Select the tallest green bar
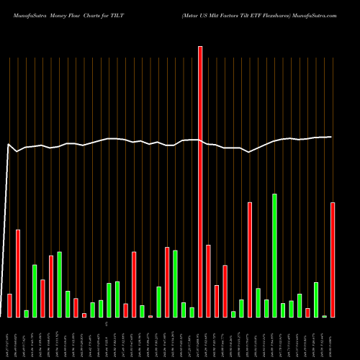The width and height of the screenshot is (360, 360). (274, 255)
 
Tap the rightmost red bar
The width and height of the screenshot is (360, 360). (333, 259)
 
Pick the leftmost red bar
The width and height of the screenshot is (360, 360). (9, 305)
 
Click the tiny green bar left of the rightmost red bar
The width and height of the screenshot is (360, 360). (324, 316)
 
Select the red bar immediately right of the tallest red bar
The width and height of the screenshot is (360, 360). (208, 281)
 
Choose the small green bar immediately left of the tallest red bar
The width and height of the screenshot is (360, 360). (192, 312)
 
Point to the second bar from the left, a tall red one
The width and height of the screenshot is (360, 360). (18, 273)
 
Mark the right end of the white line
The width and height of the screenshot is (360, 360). (332, 137)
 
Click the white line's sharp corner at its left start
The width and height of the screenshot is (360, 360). (9, 145)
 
